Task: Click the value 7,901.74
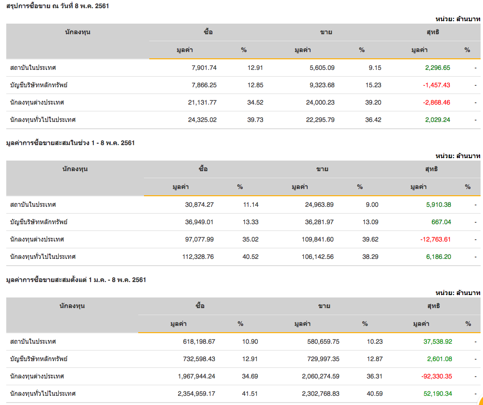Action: click(204, 67)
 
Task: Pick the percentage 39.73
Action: click(255, 120)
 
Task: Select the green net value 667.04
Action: click(442, 222)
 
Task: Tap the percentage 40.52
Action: click(250, 256)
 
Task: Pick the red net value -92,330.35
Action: click(435, 376)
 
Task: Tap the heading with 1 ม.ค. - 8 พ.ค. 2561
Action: click(76, 280)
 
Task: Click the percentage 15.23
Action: click(373, 85)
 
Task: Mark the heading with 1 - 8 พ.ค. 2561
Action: click(70, 143)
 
